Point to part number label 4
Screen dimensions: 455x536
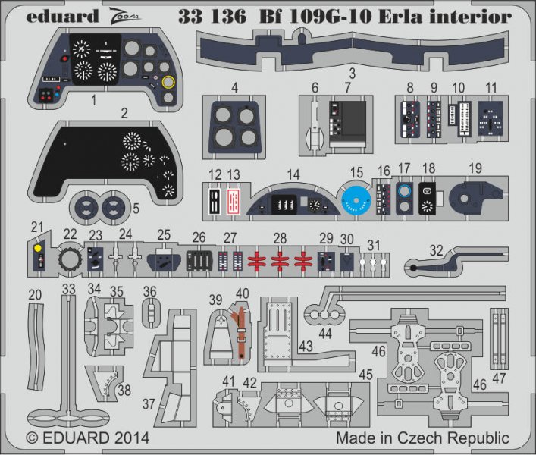[x=235, y=88]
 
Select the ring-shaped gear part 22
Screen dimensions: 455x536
[x=69, y=261]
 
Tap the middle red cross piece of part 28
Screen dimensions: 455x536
[x=280, y=261]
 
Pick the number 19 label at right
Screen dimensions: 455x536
[x=475, y=168]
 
